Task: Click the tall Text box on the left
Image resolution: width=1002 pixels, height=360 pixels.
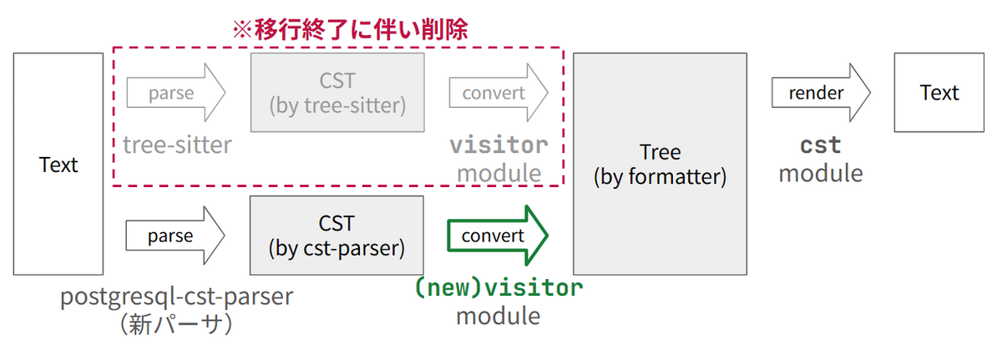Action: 58,165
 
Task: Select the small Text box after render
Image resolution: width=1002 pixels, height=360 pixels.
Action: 939,93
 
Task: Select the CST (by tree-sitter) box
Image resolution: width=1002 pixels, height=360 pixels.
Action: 337,93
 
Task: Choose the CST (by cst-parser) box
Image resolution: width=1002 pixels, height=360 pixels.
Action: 337,236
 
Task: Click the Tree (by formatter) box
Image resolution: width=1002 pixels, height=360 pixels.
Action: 660,165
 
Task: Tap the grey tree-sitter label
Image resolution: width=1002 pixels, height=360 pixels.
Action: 177,145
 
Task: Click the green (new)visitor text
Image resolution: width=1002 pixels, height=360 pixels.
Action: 498,289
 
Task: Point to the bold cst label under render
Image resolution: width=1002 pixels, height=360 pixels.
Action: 820,145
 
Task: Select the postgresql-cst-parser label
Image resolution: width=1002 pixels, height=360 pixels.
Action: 177,297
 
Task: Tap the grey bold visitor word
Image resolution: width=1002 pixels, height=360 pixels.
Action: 498,145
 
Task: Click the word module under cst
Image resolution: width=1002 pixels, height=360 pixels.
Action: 820,173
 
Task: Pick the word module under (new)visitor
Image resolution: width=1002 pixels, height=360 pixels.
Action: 498,317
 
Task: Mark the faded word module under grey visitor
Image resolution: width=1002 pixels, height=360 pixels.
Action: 498,173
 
